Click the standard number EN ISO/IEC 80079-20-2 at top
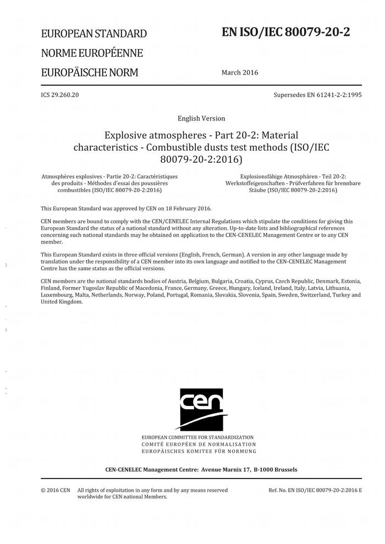click(285, 32)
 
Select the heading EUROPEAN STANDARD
click(94, 34)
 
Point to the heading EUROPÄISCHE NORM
click(89, 73)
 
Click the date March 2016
click(239, 73)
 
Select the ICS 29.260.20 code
click(60, 95)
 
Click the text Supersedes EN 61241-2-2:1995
click(317, 95)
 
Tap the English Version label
click(201, 118)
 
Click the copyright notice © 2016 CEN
click(56, 490)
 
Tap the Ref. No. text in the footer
click(315, 490)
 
